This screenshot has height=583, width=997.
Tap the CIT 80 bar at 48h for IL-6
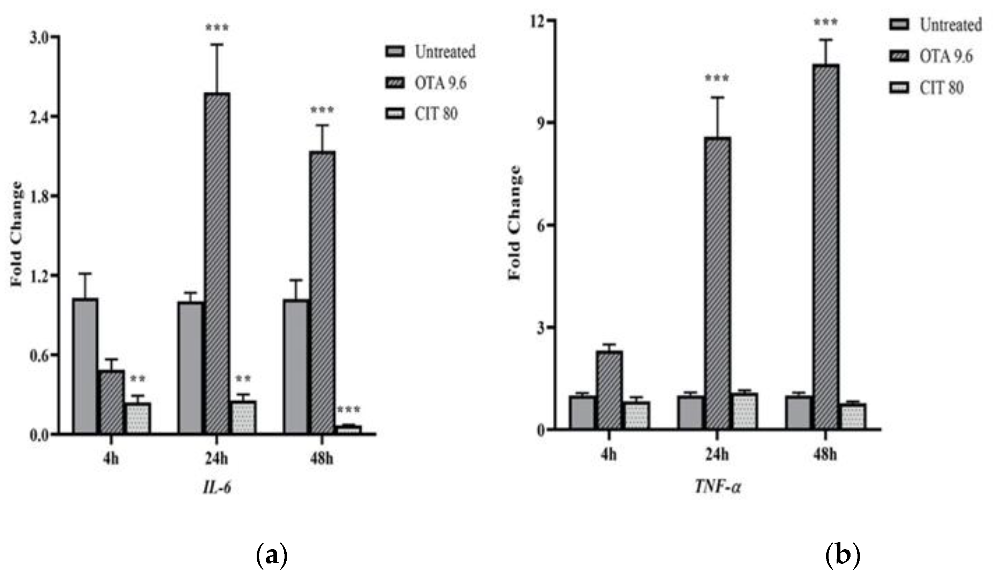point(349,429)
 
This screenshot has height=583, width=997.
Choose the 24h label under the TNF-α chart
point(717,455)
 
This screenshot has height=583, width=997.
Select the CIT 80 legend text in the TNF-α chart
point(941,88)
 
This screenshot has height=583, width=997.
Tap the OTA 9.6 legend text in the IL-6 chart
point(440,83)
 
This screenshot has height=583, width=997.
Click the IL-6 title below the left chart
point(217,488)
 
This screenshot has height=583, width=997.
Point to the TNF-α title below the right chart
point(718,486)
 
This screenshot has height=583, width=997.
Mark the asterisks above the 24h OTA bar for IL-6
point(217,28)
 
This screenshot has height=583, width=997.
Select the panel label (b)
point(843,556)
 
